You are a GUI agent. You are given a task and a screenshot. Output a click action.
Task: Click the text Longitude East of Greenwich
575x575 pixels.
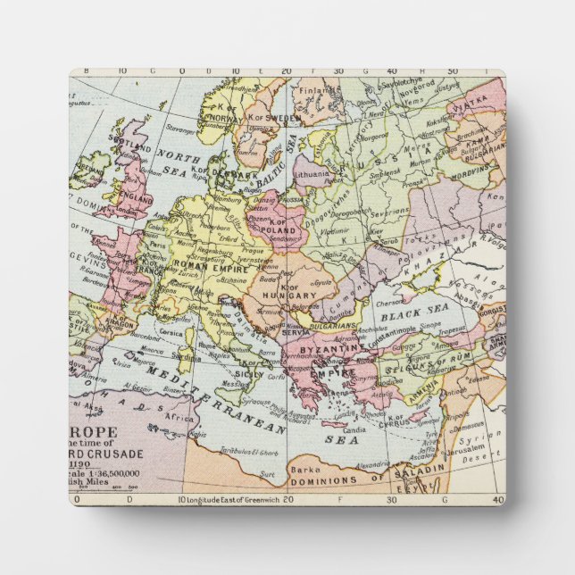pos(232,499)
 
